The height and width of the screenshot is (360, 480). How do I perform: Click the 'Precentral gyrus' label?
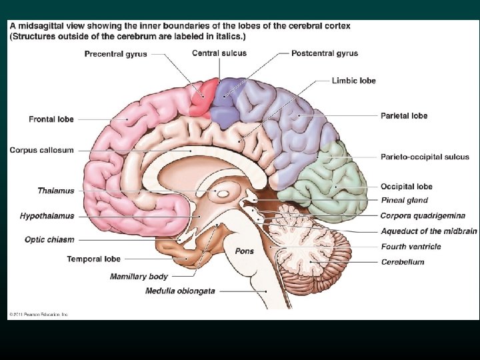pos(116,55)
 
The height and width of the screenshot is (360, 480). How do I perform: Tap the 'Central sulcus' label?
pos(219,53)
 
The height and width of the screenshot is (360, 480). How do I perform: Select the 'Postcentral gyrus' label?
pos(324,53)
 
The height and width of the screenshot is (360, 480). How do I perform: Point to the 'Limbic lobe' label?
pos(353,81)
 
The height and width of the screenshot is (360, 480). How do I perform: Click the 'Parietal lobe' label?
pos(404,115)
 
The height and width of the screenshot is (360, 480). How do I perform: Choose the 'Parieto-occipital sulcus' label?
pos(424,157)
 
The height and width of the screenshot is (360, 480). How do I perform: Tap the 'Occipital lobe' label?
pos(406,187)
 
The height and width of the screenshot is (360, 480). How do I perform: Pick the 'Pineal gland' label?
pos(404,200)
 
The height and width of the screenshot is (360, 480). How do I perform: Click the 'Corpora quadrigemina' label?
pos(423,216)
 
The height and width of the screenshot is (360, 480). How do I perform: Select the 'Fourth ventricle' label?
pos(411,247)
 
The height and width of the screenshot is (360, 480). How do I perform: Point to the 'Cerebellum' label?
pos(403,262)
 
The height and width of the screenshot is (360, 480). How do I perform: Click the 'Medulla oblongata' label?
pos(180,291)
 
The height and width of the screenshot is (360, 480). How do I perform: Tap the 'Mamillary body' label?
pos(139,276)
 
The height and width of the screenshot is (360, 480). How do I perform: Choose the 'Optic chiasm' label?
pos(49,239)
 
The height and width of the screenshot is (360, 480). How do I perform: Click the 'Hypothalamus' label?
pos(47,216)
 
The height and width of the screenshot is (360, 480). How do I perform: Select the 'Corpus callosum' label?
pos(41,151)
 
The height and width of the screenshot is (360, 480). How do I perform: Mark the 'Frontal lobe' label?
pos(51,119)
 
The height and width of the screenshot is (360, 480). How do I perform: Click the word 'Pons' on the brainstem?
pos(244,251)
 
